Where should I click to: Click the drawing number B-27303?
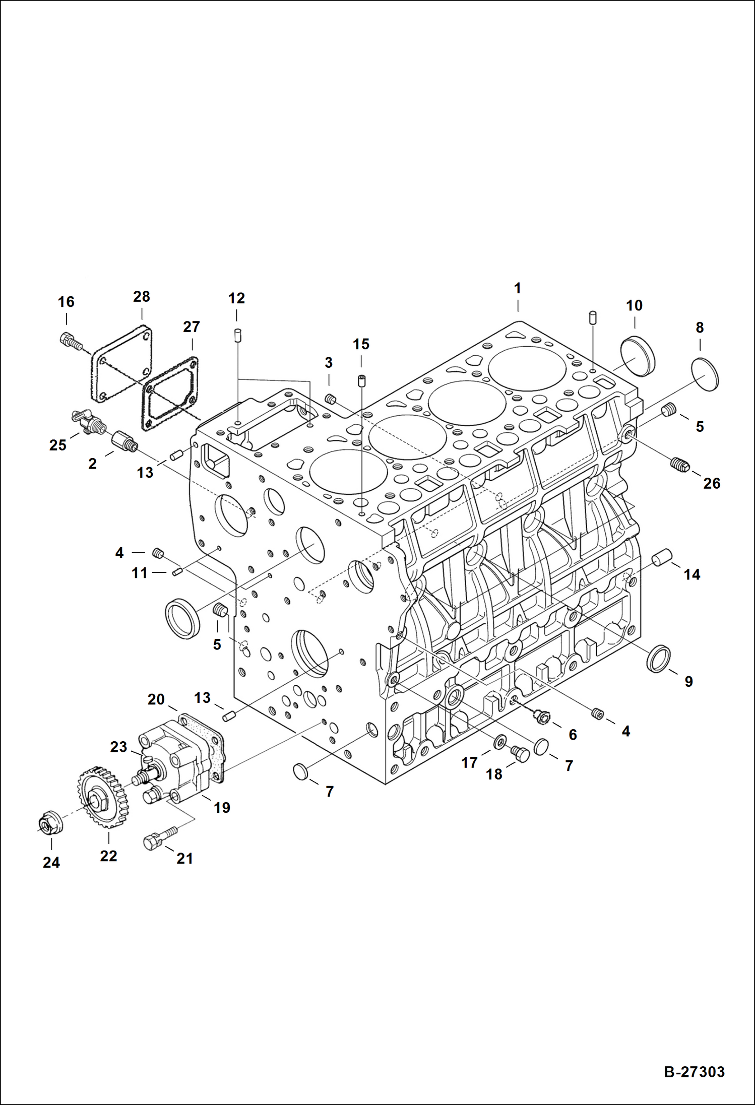click(x=694, y=1071)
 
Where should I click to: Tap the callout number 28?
click(x=142, y=296)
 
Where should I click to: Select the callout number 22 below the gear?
click(x=108, y=856)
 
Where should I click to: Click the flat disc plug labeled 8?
click(x=705, y=373)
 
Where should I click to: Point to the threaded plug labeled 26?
click(x=680, y=464)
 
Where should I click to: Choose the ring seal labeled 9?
click(x=658, y=658)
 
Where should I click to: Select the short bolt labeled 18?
click(x=520, y=754)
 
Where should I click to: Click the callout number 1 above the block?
click(x=517, y=288)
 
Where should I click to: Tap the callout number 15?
click(x=361, y=344)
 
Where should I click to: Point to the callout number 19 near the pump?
click(x=222, y=808)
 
